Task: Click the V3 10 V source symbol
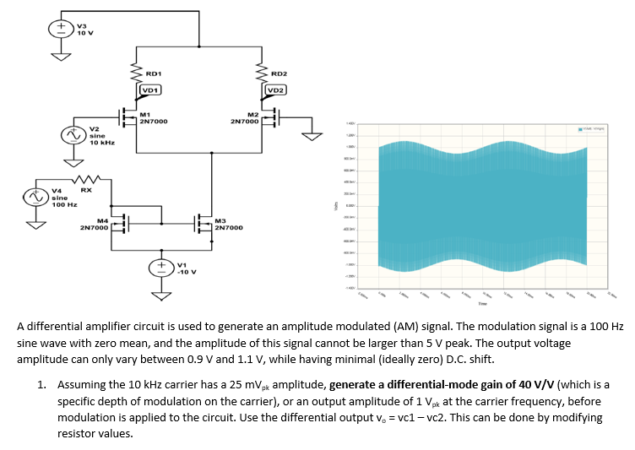tap(62, 26)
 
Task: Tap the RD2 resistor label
tap(279, 73)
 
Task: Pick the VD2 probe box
tap(276, 90)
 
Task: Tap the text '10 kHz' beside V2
tap(101, 143)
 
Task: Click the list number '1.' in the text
tap(42, 383)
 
